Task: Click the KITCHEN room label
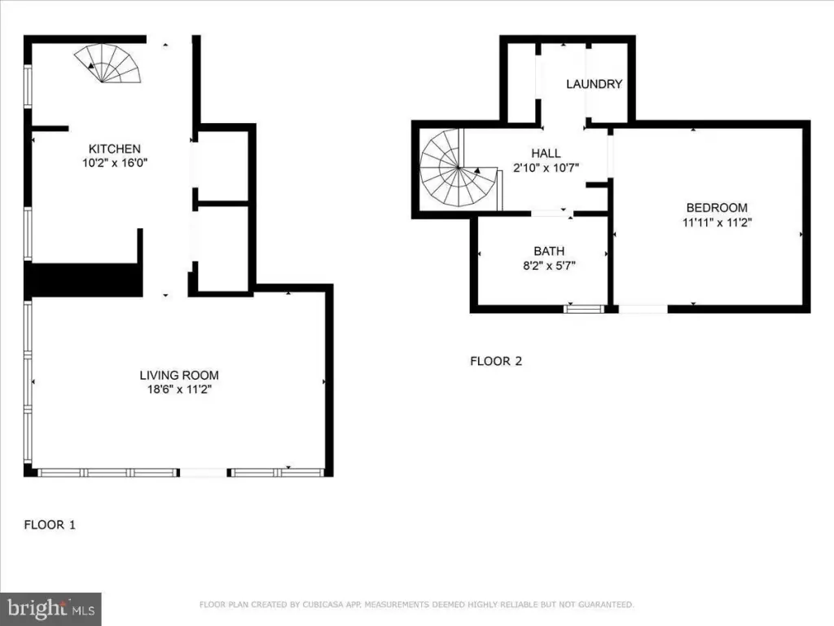(114, 149)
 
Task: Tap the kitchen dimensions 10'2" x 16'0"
(114, 163)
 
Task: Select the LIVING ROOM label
(179, 375)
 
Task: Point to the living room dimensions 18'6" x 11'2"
(179, 390)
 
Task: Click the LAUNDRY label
(594, 84)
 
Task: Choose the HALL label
(546, 153)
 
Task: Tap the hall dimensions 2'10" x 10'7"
(546, 168)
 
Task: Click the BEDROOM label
(717, 208)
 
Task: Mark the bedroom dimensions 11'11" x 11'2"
(717, 222)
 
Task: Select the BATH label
(549, 251)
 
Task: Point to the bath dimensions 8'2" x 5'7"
(549, 266)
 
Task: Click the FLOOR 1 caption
(50, 525)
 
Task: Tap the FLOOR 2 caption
(496, 361)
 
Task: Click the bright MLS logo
(50, 609)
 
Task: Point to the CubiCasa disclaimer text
(416, 605)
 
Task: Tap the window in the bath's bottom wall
(584, 309)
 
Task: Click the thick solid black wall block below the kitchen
(84, 280)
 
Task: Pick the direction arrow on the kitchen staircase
(91, 65)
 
